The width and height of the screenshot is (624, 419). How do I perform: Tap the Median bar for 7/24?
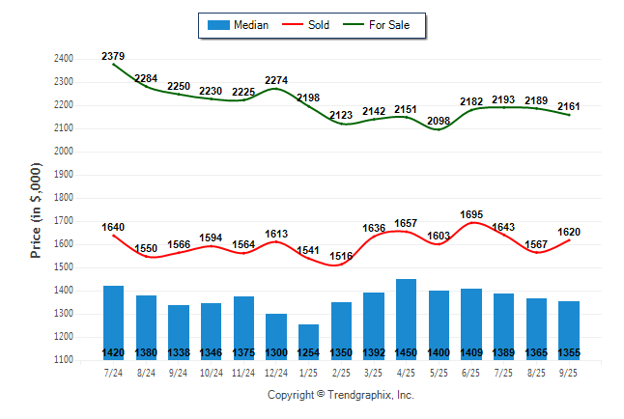[x=113, y=319]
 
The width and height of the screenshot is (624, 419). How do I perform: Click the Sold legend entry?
[x=308, y=25]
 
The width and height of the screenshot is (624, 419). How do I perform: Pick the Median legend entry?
[x=241, y=25]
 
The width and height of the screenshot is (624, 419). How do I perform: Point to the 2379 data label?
[x=113, y=56]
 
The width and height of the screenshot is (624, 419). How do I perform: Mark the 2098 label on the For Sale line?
[x=439, y=121]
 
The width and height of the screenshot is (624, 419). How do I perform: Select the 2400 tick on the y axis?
[x=64, y=59]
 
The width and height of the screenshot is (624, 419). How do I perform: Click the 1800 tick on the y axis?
[x=64, y=198]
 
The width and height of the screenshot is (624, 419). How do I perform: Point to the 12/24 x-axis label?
[x=275, y=372]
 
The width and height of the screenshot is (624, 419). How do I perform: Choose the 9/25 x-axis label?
[x=568, y=372]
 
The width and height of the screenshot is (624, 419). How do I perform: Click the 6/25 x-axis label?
[x=470, y=372]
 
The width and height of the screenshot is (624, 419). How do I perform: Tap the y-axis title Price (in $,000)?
[x=36, y=209]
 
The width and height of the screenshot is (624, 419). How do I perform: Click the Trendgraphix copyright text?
[x=340, y=395]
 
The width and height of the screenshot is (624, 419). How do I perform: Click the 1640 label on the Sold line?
[x=113, y=227]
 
